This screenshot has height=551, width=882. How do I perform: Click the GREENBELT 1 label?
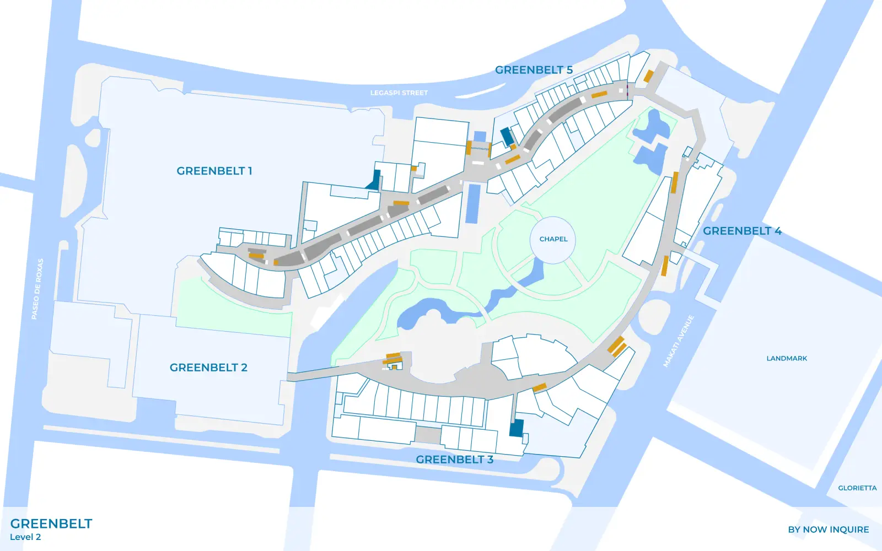pyautogui.click(x=214, y=171)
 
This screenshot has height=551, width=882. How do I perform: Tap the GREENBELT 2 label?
pyautogui.click(x=208, y=368)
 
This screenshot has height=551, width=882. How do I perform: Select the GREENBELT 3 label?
pyautogui.click(x=454, y=460)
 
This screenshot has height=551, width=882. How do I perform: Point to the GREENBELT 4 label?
pyautogui.click(x=742, y=231)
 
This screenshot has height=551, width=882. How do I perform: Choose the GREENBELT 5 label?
pyautogui.click(x=534, y=70)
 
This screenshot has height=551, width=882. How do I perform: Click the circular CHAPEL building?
pyautogui.click(x=553, y=239)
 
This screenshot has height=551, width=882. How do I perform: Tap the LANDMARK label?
pyautogui.click(x=787, y=358)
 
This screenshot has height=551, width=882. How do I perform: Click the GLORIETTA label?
pyautogui.click(x=857, y=488)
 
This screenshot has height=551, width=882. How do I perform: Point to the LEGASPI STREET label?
pyautogui.click(x=399, y=93)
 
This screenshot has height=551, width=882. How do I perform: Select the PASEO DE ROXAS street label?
pyautogui.click(x=37, y=289)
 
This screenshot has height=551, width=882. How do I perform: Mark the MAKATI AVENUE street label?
pyautogui.click(x=678, y=341)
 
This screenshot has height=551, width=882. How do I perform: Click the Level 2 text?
pyautogui.click(x=25, y=537)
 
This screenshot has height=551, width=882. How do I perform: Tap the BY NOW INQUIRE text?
pyautogui.click(x=828, y=530)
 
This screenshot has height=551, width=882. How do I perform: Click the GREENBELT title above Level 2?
pyautogui.click(x=51, y=523)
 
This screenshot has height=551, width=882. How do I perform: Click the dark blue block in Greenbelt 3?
pyautogui.click(x=517, y=428)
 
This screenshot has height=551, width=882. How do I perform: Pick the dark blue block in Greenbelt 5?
pyautogui.click(x=507, y=136)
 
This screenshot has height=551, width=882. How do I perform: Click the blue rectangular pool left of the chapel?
pyautogui.click(x=473, y=203)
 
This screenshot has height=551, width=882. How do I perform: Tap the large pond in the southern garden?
pyautogui.click(x=427, y=312)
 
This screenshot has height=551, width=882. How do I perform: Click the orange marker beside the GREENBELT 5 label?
pyautogui.click(x=649, y=76)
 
